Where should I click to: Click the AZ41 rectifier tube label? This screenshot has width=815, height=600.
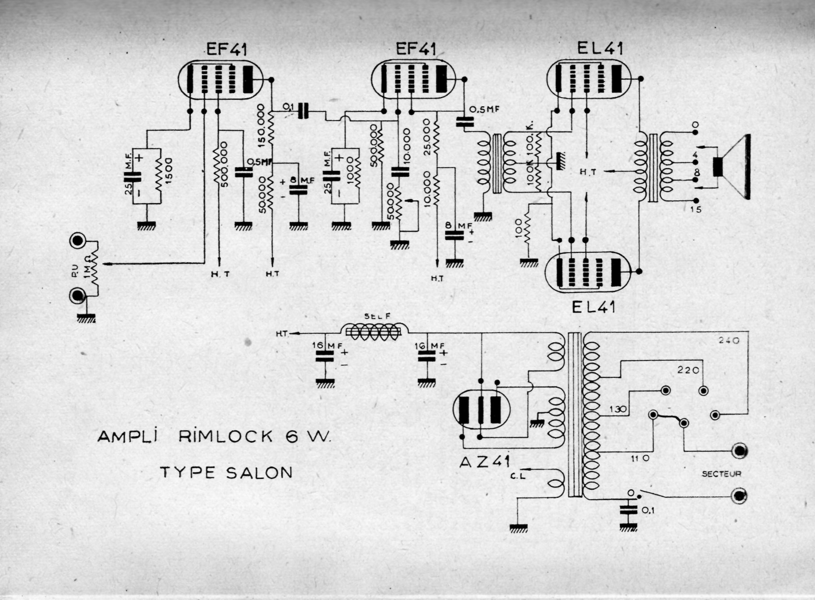tap(485, 462)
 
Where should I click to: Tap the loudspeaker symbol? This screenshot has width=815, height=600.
tap(734, 167)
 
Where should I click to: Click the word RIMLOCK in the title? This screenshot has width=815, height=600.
tap(226, 436)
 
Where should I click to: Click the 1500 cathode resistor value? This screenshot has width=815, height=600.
tap(169, 169)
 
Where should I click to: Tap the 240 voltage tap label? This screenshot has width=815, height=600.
tap(729, 341)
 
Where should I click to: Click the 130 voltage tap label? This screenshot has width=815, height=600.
tap(618, 409)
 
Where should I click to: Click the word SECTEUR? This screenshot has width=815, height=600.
tap(721, 474)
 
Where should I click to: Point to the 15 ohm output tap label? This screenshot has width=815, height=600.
tap(695, 210)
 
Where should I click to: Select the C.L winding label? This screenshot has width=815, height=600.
tap(518, 476)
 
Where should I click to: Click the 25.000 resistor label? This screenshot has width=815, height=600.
tap(427, 137)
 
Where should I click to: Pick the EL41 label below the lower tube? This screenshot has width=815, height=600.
tap(593, 307)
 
